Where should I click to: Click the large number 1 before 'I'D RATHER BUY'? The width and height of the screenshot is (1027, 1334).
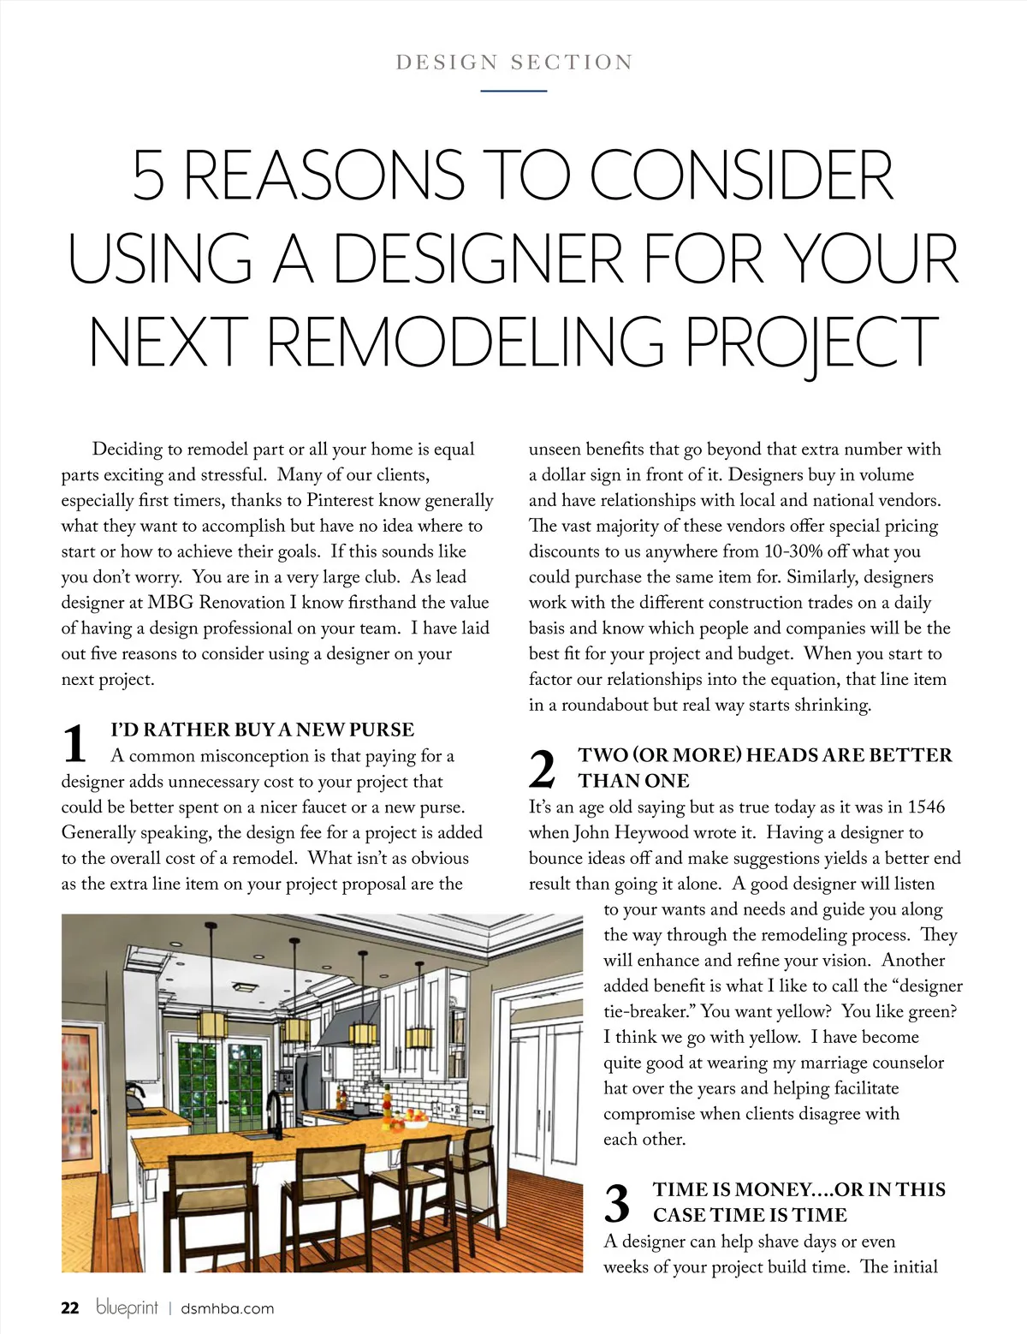click(75, 743)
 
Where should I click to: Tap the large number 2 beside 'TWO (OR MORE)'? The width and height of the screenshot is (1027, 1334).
click(543, 769)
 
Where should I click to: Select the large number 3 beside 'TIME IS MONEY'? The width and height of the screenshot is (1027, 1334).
click(617, 1203)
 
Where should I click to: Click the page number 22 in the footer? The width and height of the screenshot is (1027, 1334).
click(70, 1308)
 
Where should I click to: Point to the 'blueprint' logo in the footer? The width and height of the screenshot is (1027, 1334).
click(127, 1307)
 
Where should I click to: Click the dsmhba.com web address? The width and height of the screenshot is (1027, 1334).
click(228, 1308)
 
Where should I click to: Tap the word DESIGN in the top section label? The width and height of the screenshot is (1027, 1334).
click(446, 63)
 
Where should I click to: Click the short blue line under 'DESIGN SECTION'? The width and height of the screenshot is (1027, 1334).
click(513, 90)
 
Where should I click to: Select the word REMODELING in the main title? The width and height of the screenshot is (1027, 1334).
click(466, 342)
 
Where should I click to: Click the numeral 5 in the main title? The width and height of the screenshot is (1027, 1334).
click(149, 176)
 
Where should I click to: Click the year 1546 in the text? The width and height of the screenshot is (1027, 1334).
click(926, 807)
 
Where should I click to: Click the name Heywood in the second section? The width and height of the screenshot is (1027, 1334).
click(654, 832)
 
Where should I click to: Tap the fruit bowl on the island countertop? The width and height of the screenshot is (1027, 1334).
click(414, 1118)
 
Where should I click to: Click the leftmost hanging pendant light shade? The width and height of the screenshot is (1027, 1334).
click(211, 1024)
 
